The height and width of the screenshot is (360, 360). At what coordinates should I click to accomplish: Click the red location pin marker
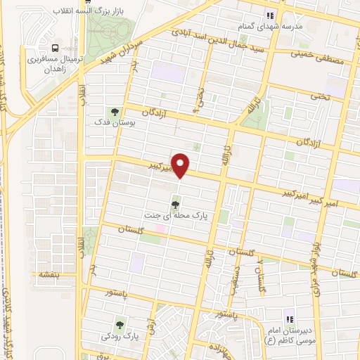click(x=181, y=166)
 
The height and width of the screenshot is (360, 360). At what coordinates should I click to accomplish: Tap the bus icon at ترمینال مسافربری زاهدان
click(x=55, y=48)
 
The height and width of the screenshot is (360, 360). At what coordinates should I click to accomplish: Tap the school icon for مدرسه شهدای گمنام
click(x=268, y=15)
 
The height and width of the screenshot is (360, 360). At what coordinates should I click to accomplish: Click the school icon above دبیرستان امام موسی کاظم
click(x=287, y=318)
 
